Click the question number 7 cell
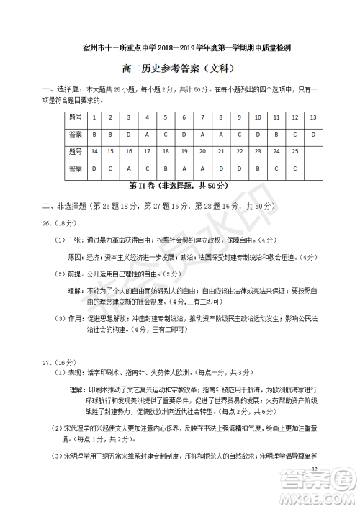tap(202, 117)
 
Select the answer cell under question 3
tap(128, 134)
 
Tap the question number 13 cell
tap(313, 117)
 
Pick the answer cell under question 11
tap(276, 134)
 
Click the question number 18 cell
tap(166, 151)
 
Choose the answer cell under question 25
tap(295, 168)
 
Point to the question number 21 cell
tap(221, 151)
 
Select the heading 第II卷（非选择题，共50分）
tap(179, 185)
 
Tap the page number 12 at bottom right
tap(316, 468)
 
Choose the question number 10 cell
tap(258, 117)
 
